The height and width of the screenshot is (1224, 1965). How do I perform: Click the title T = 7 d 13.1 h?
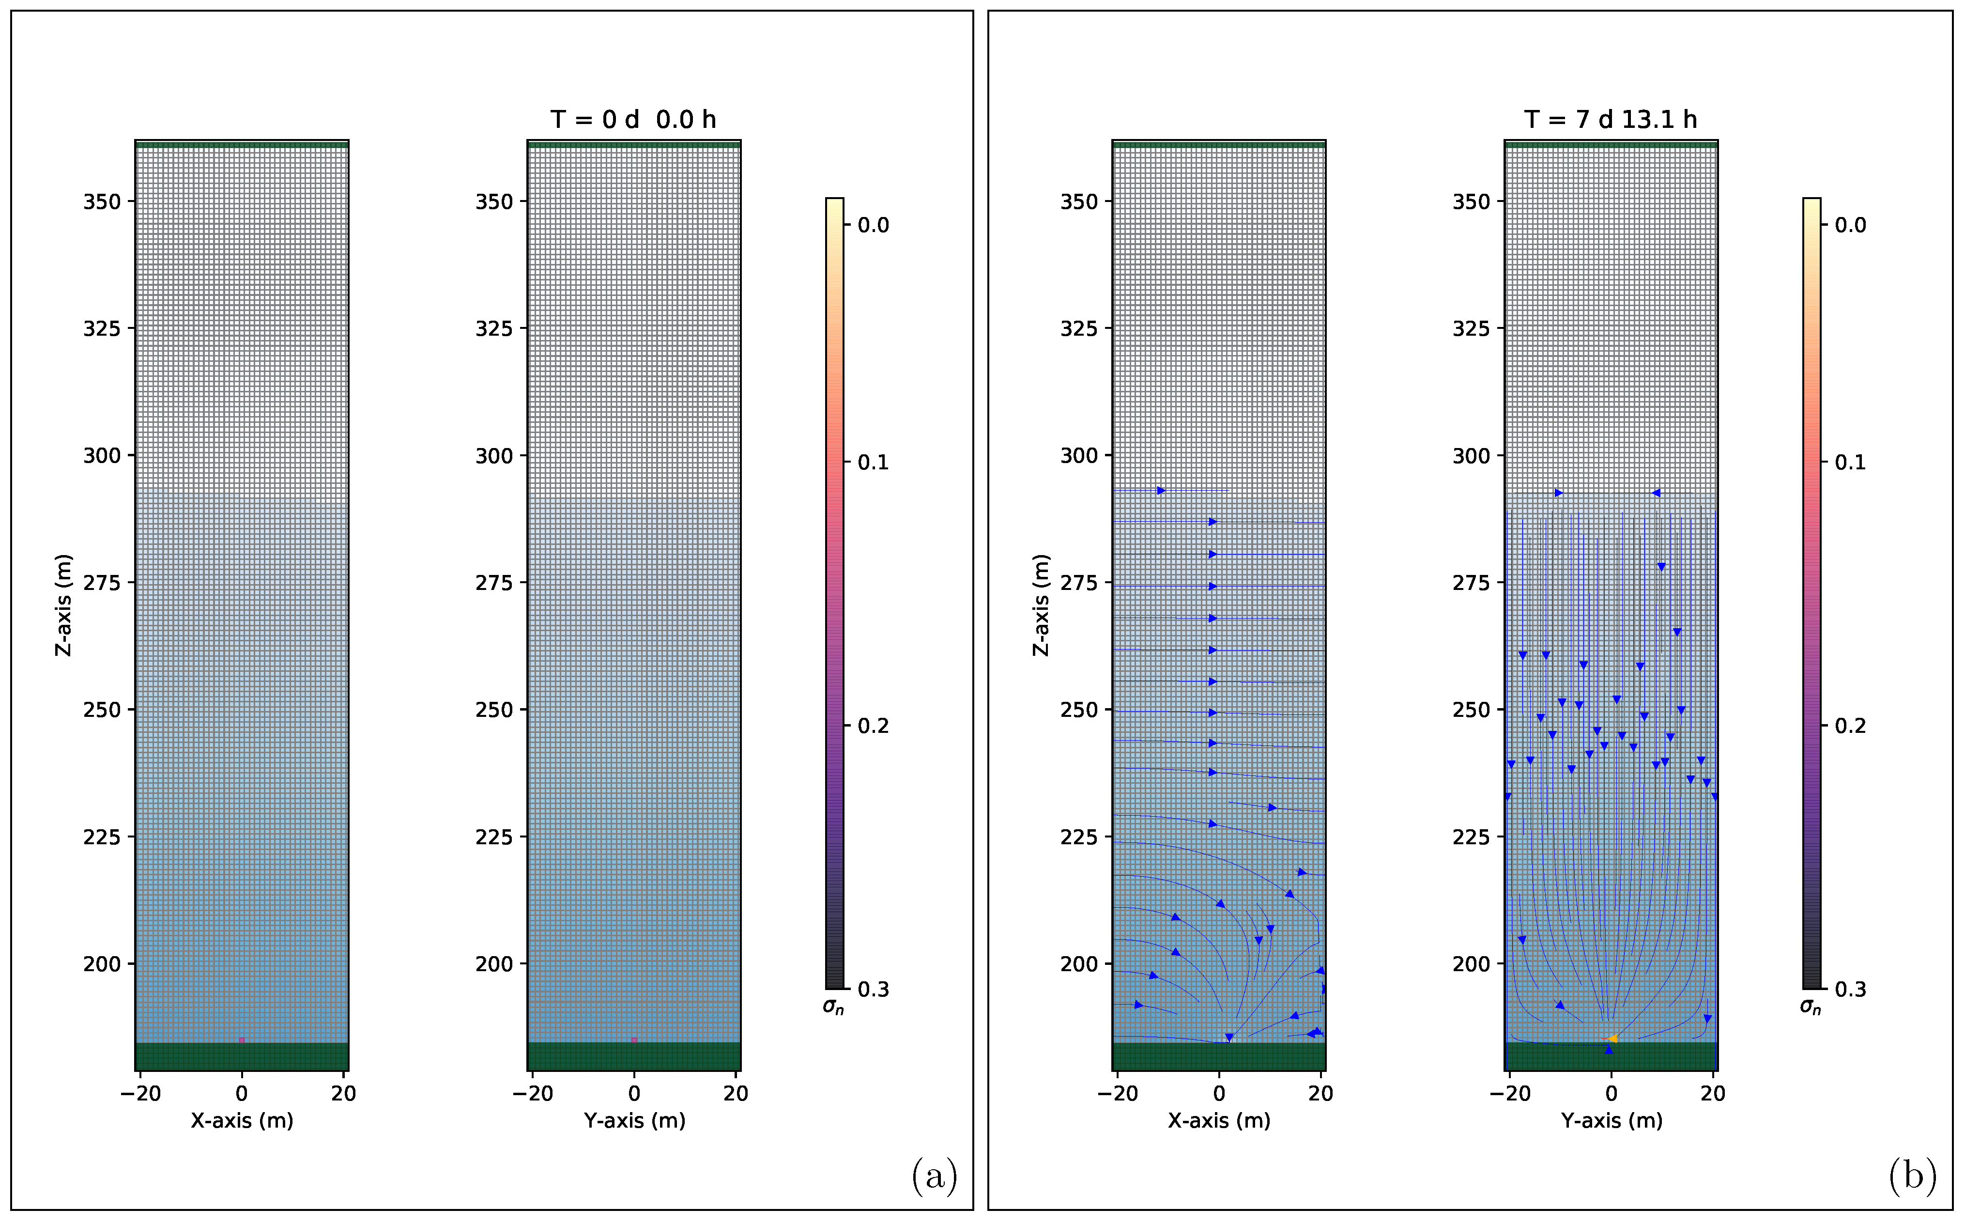(1611, 120)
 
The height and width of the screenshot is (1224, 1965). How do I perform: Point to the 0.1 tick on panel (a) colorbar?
(873, 462)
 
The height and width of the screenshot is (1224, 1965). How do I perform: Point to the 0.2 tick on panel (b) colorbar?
(1850, 725)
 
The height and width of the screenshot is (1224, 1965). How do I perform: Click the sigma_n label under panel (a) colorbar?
(833, 1006)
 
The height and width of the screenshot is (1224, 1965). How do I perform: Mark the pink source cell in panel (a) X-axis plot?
(241, 1040)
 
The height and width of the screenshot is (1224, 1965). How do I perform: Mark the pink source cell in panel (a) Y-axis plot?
(634, 1040)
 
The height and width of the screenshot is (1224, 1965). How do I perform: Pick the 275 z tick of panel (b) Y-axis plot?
(1471, 583)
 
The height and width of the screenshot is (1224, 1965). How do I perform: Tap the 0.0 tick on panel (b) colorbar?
(1850, 225)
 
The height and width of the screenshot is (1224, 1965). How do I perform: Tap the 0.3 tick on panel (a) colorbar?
(873, 989)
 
